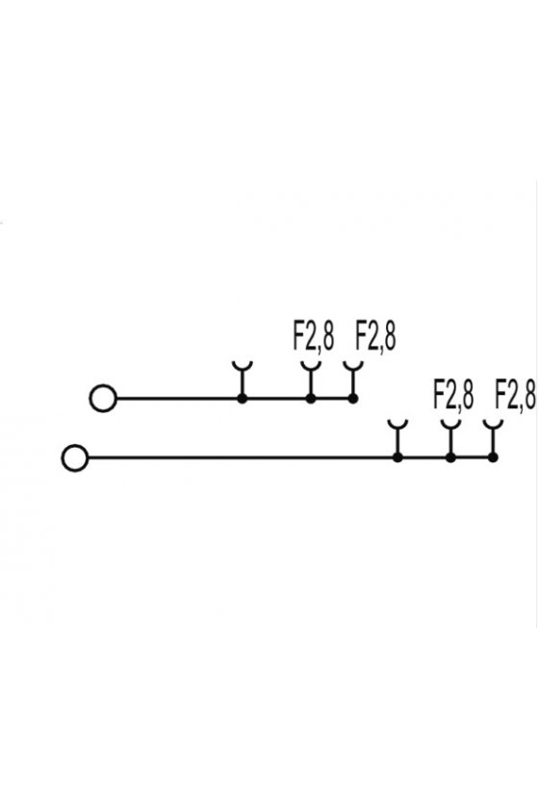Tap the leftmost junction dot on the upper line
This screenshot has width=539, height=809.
pos(242,399)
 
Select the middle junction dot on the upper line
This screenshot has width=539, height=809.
pos(311,399)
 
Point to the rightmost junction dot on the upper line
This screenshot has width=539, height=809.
pos(353,399)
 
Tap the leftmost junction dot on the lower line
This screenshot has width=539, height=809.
pos(398,457)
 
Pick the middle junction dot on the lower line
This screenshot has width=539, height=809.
pos(450,457)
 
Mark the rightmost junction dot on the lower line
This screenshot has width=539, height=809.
pos(493,457)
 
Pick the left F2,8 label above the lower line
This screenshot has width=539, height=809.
pos(453,395)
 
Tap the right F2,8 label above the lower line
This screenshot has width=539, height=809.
pos(515,395)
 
